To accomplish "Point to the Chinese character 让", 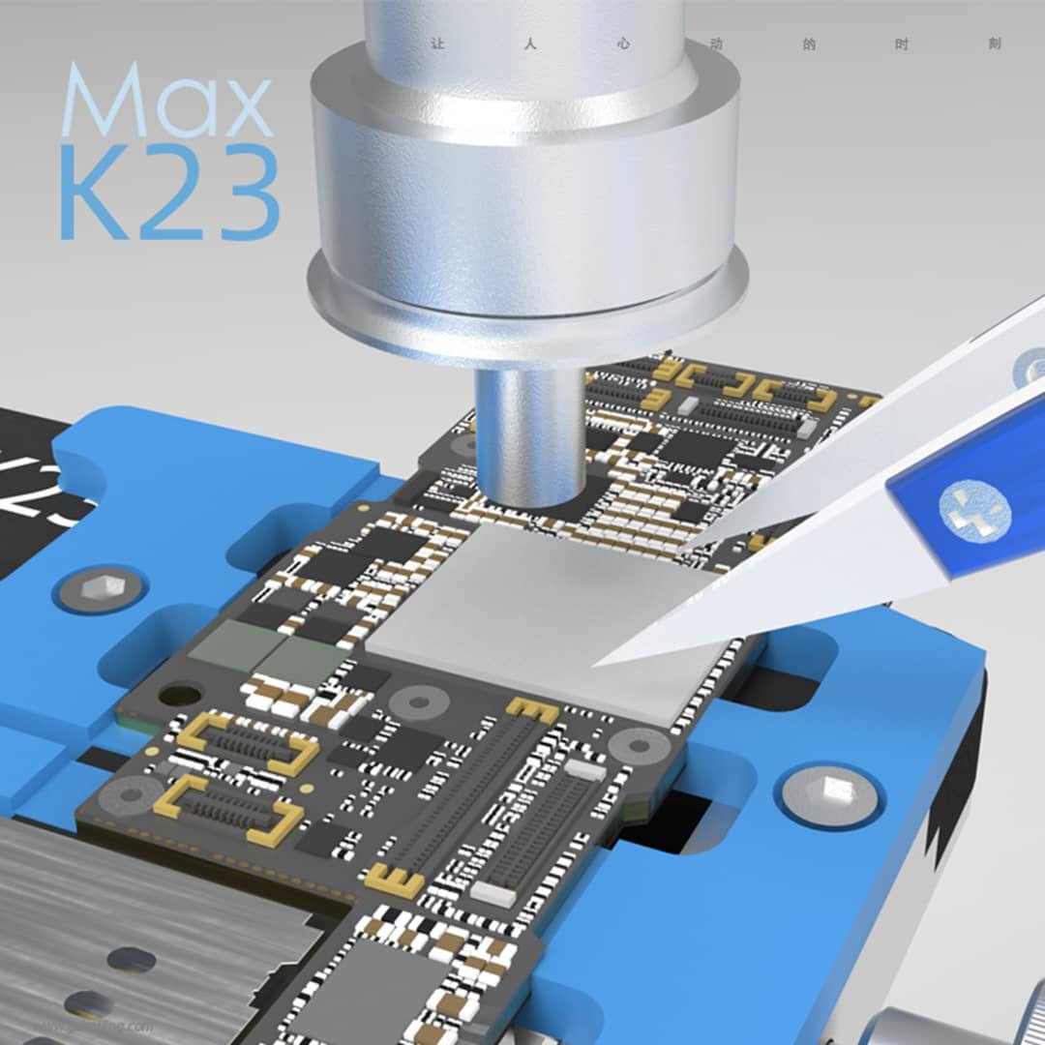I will click(x=436, y=45).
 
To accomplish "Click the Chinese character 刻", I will click(x=996, y=45).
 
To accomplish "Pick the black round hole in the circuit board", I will click(x=179, y=695).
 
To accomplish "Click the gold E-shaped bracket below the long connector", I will click(x=394, y=881).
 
